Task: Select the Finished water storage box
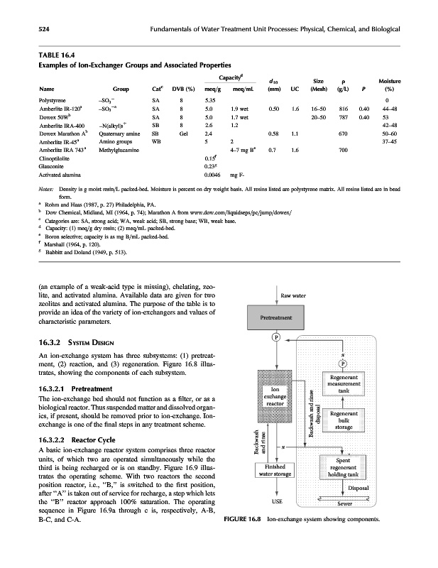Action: tap(275, 469)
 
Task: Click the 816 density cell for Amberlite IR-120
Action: tap(342, 110)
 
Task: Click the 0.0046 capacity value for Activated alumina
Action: tap(212, 173)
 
